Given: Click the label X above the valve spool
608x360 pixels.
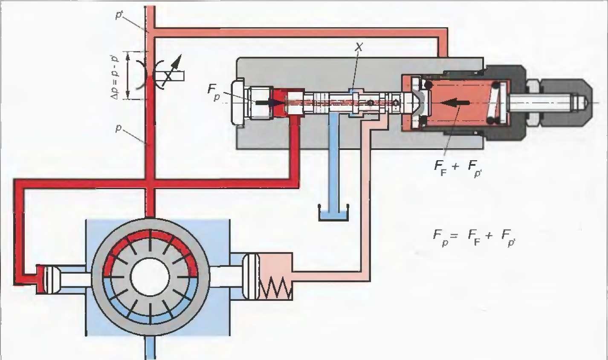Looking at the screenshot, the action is tap(359, 47).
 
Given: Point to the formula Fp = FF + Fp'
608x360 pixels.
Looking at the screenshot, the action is tap(474, 238).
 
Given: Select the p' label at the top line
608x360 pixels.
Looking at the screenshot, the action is tap(119, 15).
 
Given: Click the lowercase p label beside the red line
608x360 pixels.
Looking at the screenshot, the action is tap(119, 128).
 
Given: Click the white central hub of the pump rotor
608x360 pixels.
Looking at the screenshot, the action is tap(150, 277).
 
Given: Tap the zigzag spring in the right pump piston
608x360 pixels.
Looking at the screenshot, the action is tap(276, 288).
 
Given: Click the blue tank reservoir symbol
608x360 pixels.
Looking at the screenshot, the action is tap(333, 213).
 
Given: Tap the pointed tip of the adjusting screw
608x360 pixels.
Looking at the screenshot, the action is tap(586, 103).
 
